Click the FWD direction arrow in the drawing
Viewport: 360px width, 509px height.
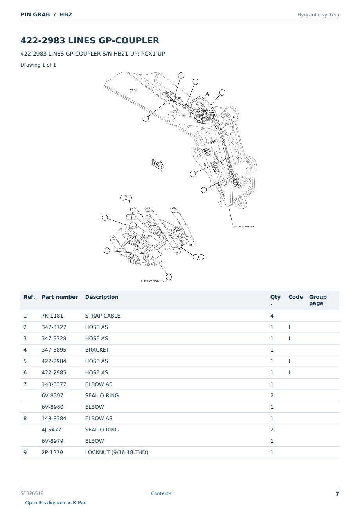[158, 165]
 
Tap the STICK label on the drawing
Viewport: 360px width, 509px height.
[133, 90]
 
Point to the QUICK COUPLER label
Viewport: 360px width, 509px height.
[243, 226]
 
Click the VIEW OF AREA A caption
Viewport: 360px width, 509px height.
[152, 280]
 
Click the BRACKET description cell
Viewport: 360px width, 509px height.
[97, 350]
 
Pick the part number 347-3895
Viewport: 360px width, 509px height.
[54, 350]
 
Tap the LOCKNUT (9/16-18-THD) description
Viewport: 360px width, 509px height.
[117, 452]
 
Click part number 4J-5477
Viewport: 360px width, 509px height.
[51, 430]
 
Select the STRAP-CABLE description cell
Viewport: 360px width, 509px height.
[103, 316]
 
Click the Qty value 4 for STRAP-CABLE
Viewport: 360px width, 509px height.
[272, 316]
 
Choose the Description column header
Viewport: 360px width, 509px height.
[102, 297]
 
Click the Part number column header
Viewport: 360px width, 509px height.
[60, 297]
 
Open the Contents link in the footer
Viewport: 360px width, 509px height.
[161, 493]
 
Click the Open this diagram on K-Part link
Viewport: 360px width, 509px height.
[56, 502]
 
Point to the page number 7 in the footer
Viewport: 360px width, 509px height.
[337, 494]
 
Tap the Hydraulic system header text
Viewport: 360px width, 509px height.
[318, 15]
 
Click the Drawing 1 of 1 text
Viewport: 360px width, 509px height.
[38, 65]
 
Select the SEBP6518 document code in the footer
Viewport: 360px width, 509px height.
[32, 493]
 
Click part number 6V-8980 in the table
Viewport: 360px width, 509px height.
[52, 407]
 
